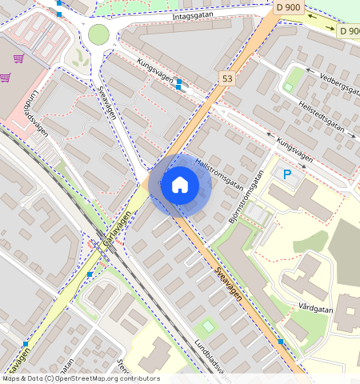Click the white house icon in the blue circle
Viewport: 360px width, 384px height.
click(x=180, y=186)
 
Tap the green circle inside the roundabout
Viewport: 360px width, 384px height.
click(x=98, y=34)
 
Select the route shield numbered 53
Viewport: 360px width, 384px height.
click(x=228, y=78)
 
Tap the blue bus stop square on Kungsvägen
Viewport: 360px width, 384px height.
click(x=179, y=83)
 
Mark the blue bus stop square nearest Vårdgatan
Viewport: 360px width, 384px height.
click(x=281, y=342)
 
